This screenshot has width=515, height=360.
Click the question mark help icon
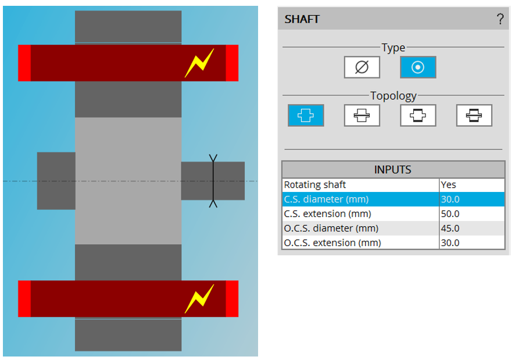tap(500, 19)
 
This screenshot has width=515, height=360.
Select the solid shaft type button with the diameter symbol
tap(362, 67)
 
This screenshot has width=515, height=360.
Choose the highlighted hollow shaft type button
tap(417, 67)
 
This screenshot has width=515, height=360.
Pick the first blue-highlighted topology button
tap(306, 115)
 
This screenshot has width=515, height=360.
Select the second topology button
tap(362, 115)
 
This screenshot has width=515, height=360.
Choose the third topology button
tap(417, 115)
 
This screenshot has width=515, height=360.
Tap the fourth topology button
tap(474, 115)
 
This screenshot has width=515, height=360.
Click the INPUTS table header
tap(393, 170)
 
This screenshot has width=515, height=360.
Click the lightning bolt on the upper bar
tap(199, 63)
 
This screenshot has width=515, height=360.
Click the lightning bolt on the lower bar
tap(199, 299)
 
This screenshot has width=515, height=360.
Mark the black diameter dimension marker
tap(213, 181)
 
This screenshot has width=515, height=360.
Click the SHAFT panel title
tap(302, 19)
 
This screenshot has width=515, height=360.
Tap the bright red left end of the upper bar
tap(24, 63)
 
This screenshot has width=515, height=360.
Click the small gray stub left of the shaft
tap(56, 181)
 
